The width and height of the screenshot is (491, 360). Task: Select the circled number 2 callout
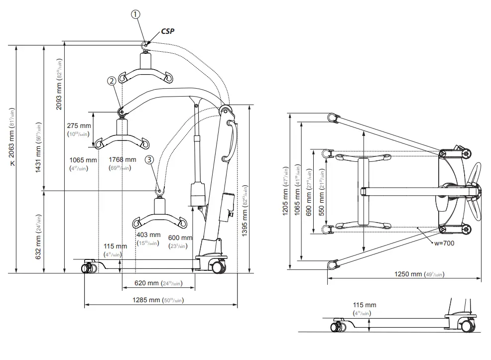click(112, 80)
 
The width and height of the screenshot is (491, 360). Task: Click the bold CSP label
click(167, 31)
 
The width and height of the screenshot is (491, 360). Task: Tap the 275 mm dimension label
click(79, 126)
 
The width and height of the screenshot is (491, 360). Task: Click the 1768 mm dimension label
click(122, 160)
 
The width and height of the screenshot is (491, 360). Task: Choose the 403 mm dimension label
click(148, 235)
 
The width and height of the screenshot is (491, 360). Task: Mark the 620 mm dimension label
click(147, 283)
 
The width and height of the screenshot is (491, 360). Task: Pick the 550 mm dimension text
click(322, 191)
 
